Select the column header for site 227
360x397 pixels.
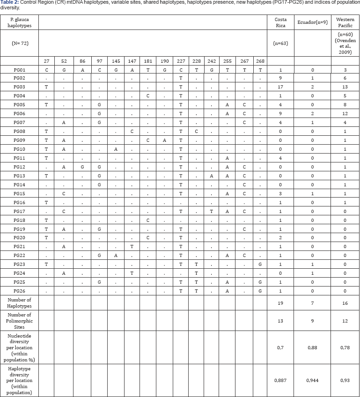(180, 61)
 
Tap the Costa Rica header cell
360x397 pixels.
(281, 22)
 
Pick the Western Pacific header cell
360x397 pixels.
(345, 22)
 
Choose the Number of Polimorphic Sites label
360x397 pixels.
(19, 321)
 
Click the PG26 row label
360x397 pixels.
(19, 291)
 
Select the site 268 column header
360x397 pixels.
(260, 61)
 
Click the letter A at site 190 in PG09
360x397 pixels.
(164, 140)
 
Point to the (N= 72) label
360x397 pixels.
(19, 43)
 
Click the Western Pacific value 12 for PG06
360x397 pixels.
(345, 114)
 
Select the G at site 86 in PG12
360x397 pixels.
(82, 167)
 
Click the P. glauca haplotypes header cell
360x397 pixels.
(19, 22)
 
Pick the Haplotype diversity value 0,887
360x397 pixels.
(281, 381)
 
